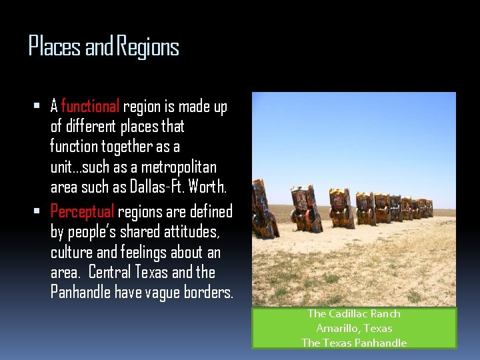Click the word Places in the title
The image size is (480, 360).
[x=55, y=47]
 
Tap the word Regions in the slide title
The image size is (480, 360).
[x=149, y=47]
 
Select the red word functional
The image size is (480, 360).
[x=90, y=106]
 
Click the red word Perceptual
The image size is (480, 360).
[x=83, y=212]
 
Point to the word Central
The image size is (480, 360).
[x=109, y=273]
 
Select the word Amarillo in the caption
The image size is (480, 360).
[x=337, y=328]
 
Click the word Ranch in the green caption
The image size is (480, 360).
[x=386, y=313]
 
